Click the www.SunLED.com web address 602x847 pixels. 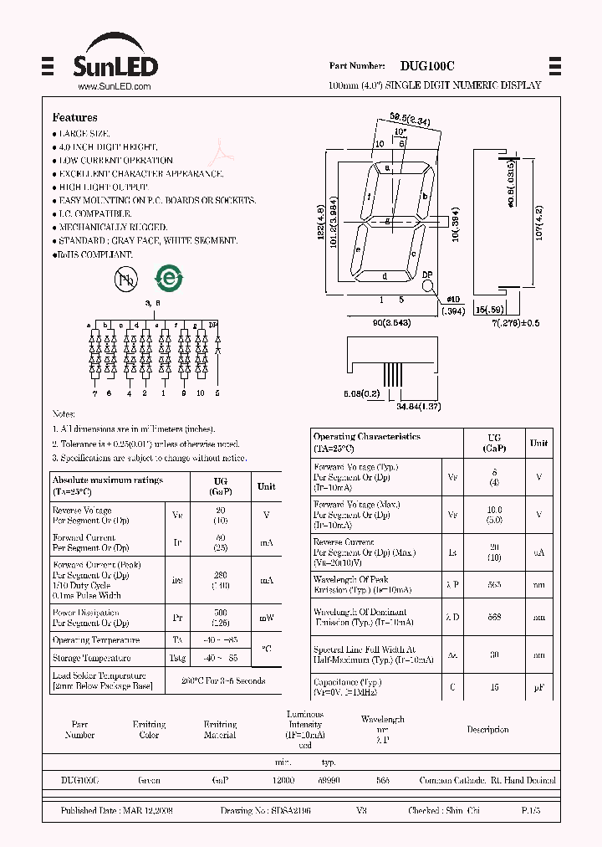coord(114,86)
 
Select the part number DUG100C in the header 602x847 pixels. coord(427,65)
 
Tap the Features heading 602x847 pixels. coord(74,118)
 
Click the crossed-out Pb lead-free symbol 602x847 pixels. coord(125,281)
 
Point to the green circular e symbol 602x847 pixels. coord(169,280)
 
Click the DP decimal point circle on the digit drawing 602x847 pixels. coord(428,285)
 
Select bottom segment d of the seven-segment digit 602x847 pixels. coord(385,276)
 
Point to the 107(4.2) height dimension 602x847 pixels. coord(539,223)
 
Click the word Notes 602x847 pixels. coord(64,414)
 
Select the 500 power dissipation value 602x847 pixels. coord(222,613)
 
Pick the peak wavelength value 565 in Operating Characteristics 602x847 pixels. coord(493,584)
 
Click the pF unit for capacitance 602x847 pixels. coord(538,688)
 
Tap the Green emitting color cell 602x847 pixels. coord(149,780)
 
